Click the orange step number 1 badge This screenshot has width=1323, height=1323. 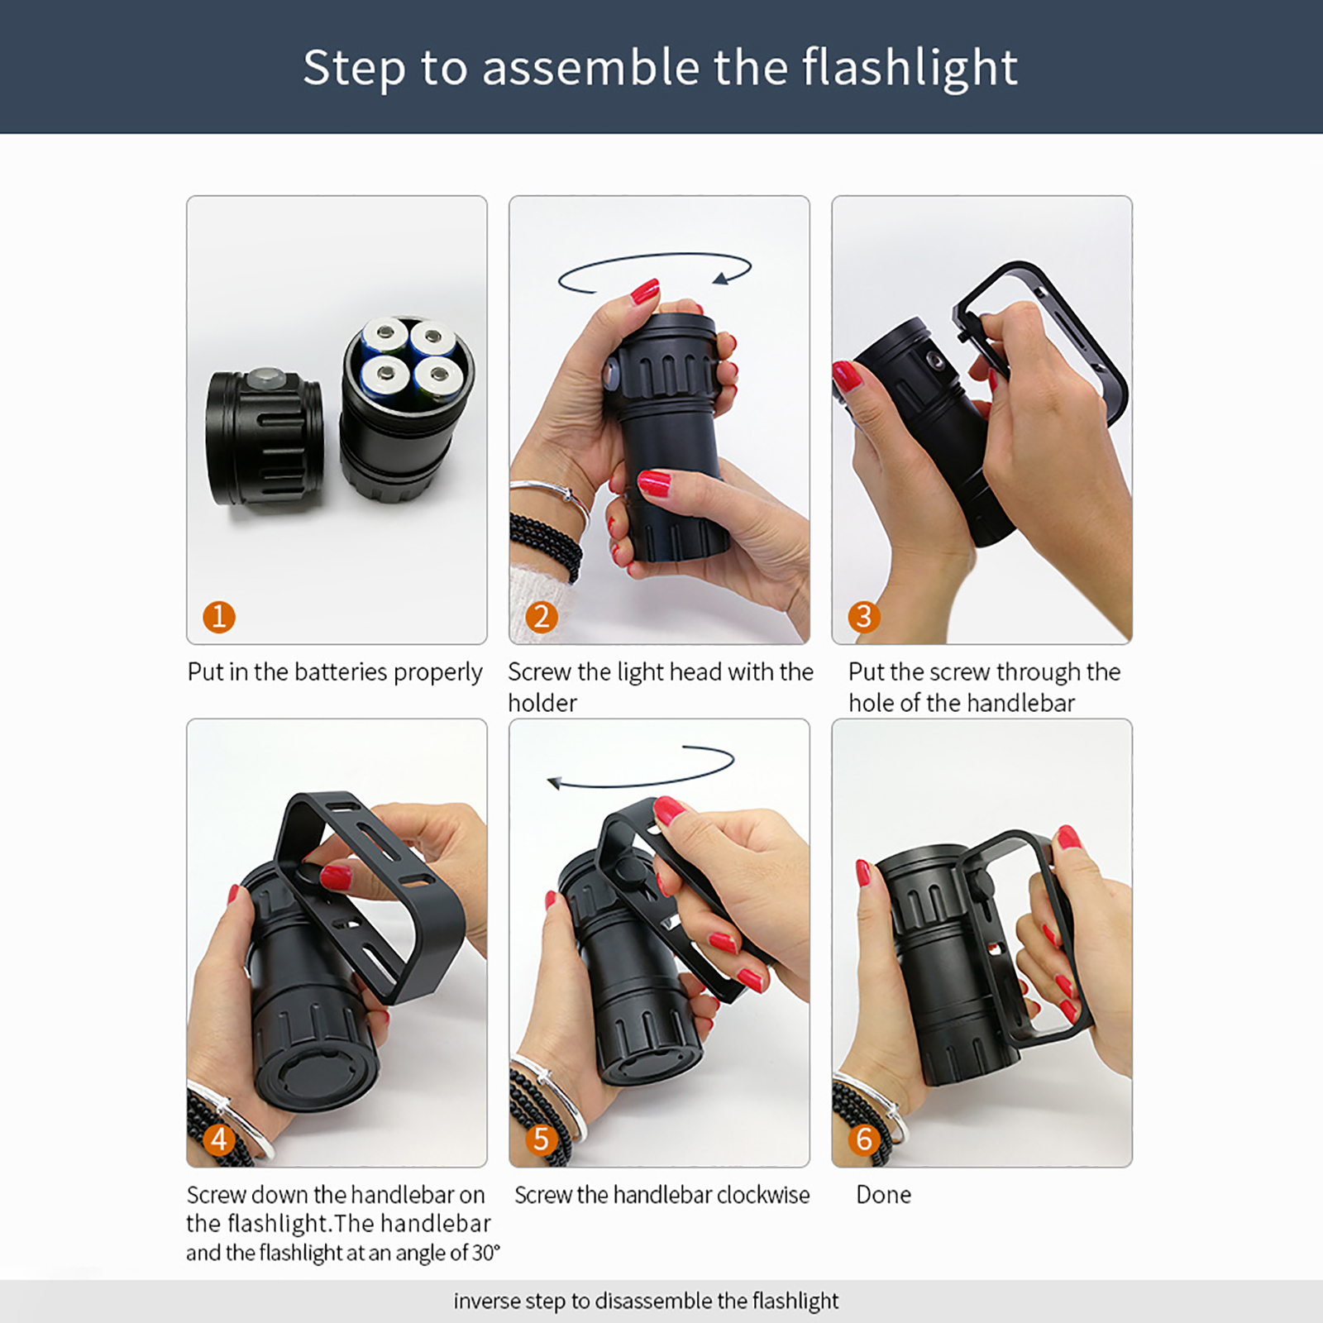click(x=219, y=617)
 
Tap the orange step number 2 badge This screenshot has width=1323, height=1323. click(x=542, y=617)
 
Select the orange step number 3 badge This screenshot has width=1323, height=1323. click(x=864, y=617)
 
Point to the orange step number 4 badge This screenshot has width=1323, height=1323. click(x=219, y=1139)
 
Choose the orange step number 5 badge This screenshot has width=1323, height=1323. click(x=542, y=1139)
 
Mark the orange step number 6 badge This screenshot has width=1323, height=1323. click(x=864, y=1139)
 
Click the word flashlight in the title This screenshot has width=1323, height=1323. click(x=910, y=68)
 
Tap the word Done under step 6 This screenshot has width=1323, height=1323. click(x=884, y=1195)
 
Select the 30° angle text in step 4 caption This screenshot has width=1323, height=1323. click(x=486, y=1253)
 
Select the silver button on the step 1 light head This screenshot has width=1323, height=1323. click(x=267, y=378)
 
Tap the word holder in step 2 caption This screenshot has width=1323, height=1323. click(x=542, y=703)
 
